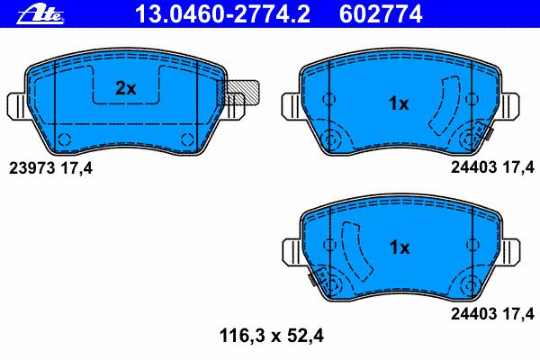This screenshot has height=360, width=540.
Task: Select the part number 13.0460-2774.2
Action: (223, 14)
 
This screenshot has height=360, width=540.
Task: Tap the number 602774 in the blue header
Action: (381, 14)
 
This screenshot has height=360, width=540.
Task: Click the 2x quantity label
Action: (126, 88)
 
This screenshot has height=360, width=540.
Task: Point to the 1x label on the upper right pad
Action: (399, 103)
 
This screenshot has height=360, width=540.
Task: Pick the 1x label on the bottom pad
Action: (400, 247)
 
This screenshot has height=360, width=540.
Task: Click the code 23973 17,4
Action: (50, 168)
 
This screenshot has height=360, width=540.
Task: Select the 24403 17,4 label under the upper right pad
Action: (492, 167)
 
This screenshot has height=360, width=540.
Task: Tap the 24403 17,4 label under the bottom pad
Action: (492, 314)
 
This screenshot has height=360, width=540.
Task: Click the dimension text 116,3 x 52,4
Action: (272, 336)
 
